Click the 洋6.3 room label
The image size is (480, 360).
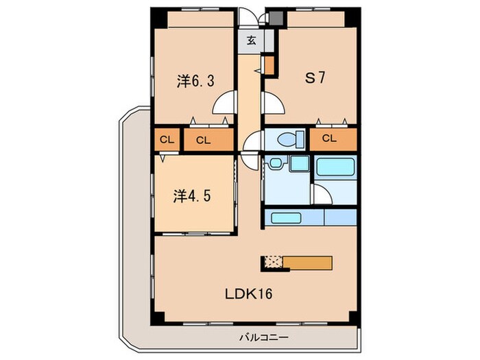(195, 81)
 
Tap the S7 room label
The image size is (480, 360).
(315, 77)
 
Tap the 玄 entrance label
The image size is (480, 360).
(252, 40)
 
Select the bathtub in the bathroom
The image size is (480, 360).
(334, 168)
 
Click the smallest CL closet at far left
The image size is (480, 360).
(167, 140)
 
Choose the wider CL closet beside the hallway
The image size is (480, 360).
(202, 140)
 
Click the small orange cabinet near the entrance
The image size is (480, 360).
(269, 66)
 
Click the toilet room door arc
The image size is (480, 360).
(254, 141)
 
